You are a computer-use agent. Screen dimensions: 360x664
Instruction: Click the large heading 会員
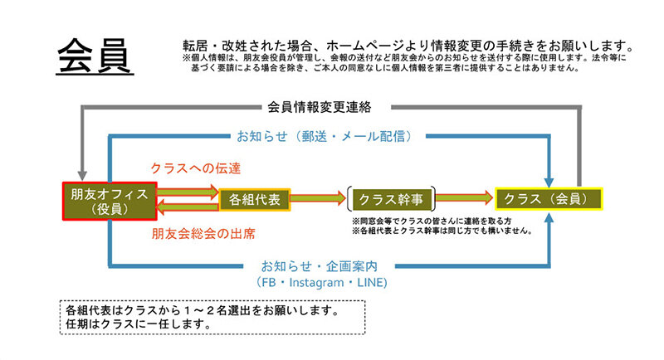pyautogui.click(x=92, y=57)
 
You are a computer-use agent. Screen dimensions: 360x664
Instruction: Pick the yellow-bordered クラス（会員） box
pyautogui.click(x=548, y=199)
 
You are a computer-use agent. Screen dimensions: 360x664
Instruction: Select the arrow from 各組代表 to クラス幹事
pyautogui.click(x=319, y=199)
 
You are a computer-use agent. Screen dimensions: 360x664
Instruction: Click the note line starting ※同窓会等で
pyautogui.click(x=432, y=222)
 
